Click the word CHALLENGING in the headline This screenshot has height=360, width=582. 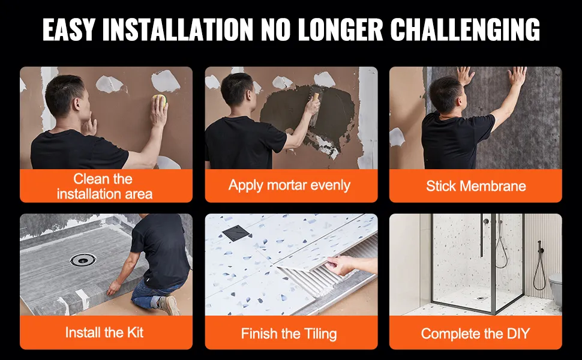[465, 29]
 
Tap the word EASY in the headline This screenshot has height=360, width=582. [69, 29]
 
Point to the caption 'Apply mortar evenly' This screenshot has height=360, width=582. [290, 185]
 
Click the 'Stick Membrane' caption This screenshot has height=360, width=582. [476, 186]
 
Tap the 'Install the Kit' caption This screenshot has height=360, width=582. [104, 332]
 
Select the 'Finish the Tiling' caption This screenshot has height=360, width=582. [289, 334]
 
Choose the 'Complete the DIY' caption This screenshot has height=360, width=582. [475, 334]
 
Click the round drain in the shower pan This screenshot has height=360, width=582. [83, 259]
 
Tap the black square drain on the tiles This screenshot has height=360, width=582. [236, 234]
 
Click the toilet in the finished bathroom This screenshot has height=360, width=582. [556, 287]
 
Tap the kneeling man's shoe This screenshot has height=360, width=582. [170, 304]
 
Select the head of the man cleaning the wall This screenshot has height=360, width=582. [67, 97]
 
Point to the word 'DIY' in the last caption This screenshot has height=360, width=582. [518, 334]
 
